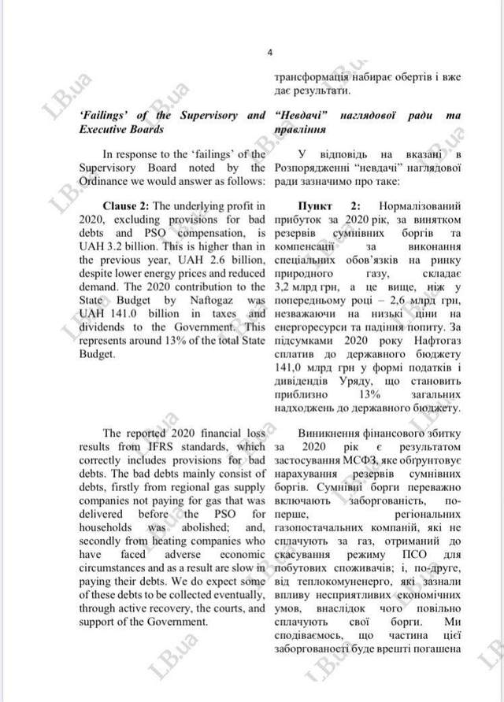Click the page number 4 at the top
[x=269, y=53]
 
